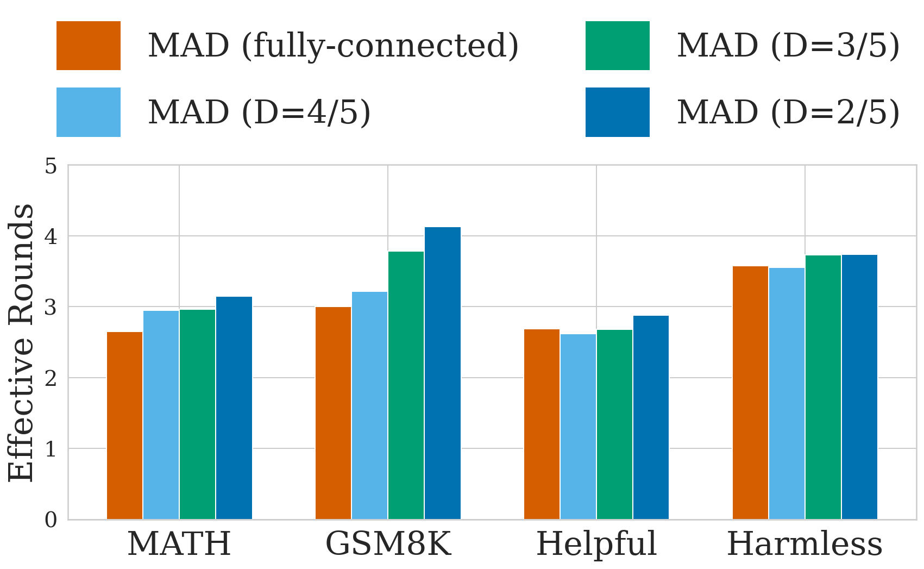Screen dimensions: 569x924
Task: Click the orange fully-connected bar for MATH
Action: click(124, 426)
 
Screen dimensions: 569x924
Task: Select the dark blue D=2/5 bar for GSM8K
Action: click(442, 373)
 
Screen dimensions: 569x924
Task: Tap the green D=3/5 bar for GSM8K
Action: click(406, 385)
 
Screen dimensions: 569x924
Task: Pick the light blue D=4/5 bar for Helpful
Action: click(578, 427)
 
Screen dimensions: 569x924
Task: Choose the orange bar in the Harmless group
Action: click(750, 393)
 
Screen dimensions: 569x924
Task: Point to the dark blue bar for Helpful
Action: click(651, 417)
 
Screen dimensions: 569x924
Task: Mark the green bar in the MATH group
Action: click(197, 414)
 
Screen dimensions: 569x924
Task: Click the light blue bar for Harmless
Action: click(787, 393)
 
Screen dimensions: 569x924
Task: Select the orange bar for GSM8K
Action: click(333, 413)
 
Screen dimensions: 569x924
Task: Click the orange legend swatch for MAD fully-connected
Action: click(89, 46)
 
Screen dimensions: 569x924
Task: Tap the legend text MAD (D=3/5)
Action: click(788, 46)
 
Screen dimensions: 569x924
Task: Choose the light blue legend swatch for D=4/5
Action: click(89, 112)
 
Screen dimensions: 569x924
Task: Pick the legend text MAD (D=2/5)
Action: click(788, 112)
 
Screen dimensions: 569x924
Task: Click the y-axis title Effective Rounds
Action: click(22, 342)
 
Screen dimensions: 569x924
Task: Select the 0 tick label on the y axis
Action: click(51, 520)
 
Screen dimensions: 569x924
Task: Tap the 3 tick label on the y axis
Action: click(51, 308)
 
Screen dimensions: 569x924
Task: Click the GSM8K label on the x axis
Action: click(388, 544)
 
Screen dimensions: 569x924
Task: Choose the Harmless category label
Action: click(804, 544)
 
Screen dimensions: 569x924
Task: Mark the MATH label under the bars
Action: click(179, 544)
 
